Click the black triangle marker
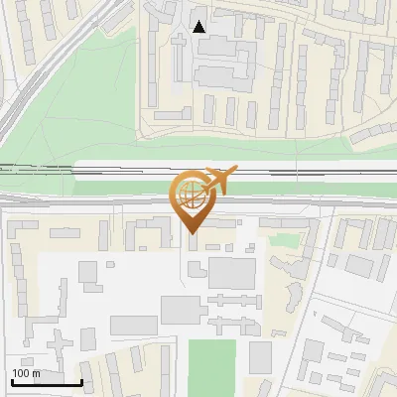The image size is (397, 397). [x=199, y=27]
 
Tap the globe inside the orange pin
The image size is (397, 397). [x=190, y=197]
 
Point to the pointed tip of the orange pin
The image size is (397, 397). [x=191, y=233]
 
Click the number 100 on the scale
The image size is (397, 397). [x=21, y=373]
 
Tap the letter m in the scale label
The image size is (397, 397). [x=36, y=373]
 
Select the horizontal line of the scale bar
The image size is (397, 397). [x=47, y=383]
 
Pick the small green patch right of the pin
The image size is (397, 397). [x=284, y=240]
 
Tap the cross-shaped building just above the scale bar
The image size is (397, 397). [x=62, y=347]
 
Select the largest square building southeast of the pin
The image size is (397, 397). [x=232, y=272]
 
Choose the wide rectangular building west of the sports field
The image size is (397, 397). [x=134, y=326]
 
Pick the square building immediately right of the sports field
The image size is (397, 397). [x=260, y=356]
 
